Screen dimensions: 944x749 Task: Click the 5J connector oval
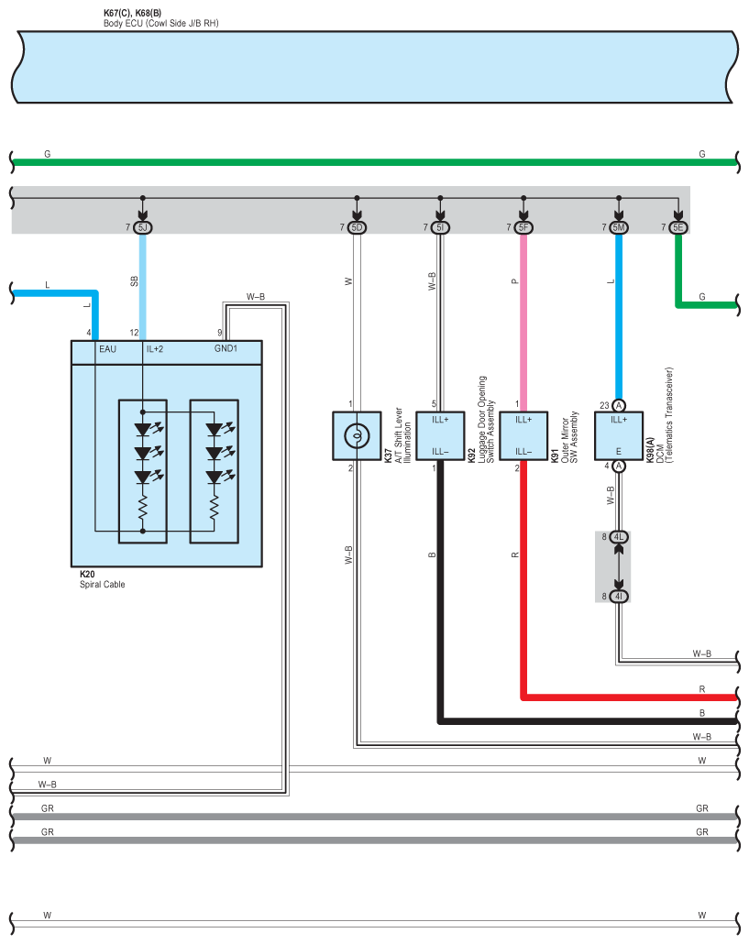tap(142, 227)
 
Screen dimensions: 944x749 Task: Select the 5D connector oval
tap(357, 227)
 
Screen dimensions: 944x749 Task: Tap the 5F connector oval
tap(523, 227)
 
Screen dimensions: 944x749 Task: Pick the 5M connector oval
tap(619, 227)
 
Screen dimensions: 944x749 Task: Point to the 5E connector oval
tap(678, 227)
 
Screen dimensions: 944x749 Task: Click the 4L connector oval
tap(619, 537)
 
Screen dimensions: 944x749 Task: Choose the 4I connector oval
tap(619, 597)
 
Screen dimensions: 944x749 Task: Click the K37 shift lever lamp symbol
tap(356, 435)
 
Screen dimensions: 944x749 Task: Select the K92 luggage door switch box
tap(440, 435)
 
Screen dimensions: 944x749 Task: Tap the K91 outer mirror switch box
tap(523, 435)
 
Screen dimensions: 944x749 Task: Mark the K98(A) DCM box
tap(619, 435)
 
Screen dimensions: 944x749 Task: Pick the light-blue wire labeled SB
tap(143, 284)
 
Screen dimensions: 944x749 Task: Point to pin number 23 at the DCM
tap(605, 405)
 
